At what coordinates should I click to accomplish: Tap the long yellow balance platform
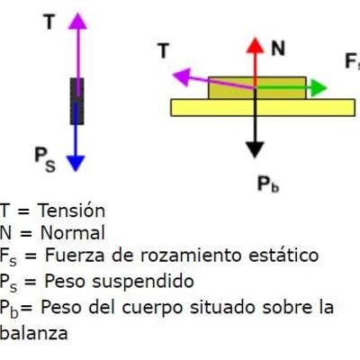pos(258,106)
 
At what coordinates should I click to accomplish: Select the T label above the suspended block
pos(47,22)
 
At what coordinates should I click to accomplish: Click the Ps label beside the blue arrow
pos(45,159)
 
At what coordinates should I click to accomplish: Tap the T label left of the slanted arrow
pos(163,52)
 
